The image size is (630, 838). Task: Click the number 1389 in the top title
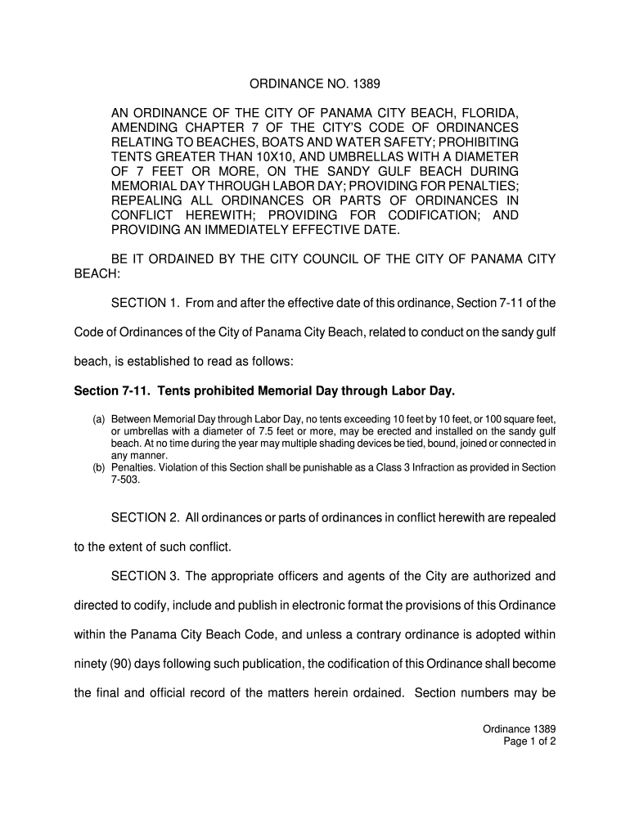[367, 83]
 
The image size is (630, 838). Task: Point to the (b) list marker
[98, 468]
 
